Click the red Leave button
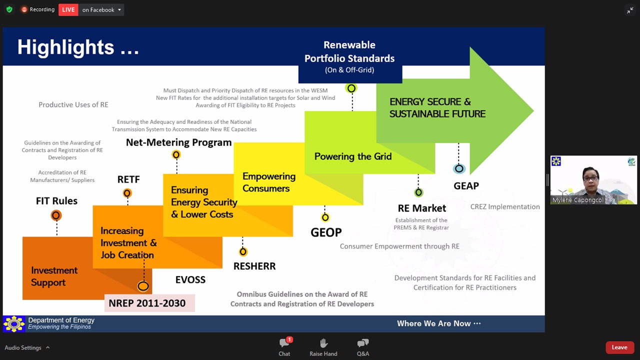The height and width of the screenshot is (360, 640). point(619,347)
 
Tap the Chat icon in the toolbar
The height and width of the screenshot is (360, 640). point(285,342)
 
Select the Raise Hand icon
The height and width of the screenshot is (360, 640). point(323,343)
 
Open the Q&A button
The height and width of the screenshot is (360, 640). point(363,343)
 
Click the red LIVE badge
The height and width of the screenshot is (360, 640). point(68,9)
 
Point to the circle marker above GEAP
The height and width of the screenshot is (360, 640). point(459,168)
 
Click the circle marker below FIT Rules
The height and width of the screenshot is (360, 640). point(56,215)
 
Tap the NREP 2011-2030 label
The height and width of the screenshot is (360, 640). point(147,303)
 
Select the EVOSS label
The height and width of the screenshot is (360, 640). point(190,279)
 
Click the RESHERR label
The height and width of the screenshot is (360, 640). point(254,266)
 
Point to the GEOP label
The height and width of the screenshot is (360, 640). point(326,232)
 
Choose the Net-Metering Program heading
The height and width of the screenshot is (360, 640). point(179,142)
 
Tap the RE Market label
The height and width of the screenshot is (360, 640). point(422,208)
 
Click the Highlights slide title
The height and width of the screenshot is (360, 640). point(78,47)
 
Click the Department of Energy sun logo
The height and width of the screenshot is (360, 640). point(13,324)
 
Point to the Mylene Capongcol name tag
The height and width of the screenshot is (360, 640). point(577,200)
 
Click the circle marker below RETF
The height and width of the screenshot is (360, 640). point(127,193)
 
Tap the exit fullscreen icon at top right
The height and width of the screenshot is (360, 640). point(630,10)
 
